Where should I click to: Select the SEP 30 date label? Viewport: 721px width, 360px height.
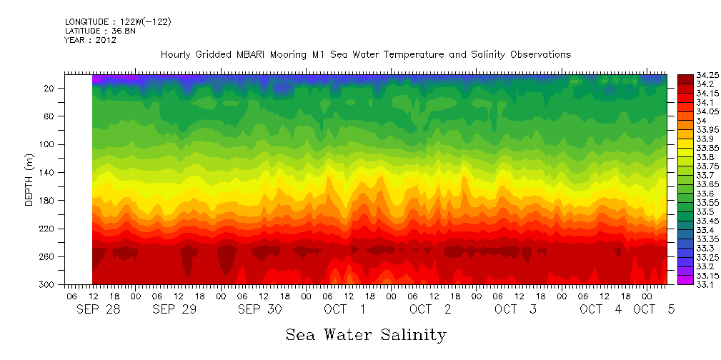pos(260,309)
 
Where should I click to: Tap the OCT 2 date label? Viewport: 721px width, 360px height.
pos(430,309)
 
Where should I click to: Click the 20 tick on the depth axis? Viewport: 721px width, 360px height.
pos(50,89)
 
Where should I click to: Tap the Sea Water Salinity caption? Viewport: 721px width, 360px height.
pos(366,334)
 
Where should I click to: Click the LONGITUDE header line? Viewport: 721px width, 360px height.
pos(118,22)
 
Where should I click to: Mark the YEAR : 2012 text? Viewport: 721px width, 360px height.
pos(91,41)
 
